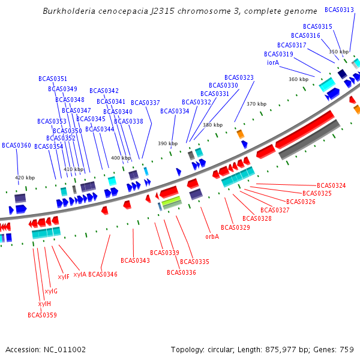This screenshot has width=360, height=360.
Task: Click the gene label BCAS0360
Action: click(x=16, y=145)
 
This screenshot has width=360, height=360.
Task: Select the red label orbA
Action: click(x=212, y=236)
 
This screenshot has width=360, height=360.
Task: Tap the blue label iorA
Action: click(x=273, y=62)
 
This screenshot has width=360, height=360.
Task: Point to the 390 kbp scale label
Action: click(x=167, y=143)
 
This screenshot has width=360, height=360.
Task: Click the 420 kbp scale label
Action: click(x=25, y=178)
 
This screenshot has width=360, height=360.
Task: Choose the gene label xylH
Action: click(x=44, y=304)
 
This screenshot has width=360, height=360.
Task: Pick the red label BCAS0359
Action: click(x=42, y=315)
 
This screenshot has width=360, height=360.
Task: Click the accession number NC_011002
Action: click(x=65, y=350)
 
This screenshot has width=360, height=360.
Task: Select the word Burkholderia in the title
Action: click(x=69, y=11)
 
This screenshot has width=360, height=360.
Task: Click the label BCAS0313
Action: click(x=339, y=10)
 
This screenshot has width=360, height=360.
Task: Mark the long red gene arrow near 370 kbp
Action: click(x=305, y=130)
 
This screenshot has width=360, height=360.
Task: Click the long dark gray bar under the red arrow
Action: click(x=309, y=140)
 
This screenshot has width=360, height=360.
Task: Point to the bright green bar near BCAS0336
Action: click(x=171, y=200)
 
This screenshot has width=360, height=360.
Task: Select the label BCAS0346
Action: click(x=103, y=274)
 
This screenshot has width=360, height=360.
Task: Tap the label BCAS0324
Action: click(x=331, y=185)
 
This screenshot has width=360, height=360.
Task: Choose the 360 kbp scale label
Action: click(x=298, y=79)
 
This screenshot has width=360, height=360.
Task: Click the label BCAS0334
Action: click(x=175, y=111)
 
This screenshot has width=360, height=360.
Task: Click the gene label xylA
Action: click(x=80, y=274)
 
